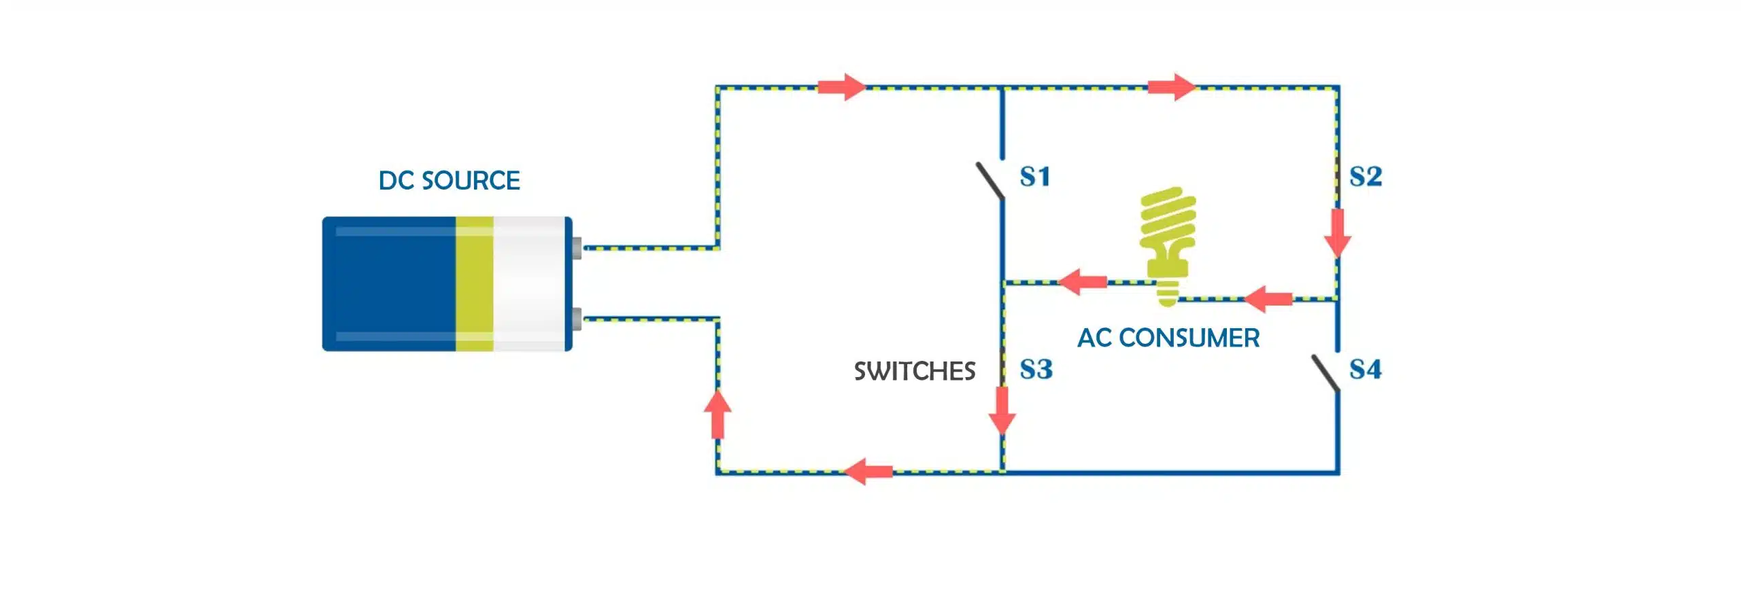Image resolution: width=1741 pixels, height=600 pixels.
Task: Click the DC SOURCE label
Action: tap(449, 181)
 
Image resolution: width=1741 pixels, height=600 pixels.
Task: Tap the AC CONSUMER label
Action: tap(1168, 338)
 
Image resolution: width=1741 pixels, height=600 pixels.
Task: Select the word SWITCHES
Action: tap(915, 371)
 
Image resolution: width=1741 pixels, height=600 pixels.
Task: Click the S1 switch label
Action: tap(1035, 177)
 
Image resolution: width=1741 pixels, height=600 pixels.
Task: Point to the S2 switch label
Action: tap(1366, 177)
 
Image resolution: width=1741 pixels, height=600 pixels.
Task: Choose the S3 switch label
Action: tap(1036, 370)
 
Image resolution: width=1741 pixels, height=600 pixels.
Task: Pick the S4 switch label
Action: tap(1366, 370)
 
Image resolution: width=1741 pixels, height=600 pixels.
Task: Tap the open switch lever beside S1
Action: tap(990, 181)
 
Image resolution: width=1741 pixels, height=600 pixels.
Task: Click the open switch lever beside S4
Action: tap(1325, 374)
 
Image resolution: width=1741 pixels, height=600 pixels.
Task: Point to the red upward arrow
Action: tap(717, 414)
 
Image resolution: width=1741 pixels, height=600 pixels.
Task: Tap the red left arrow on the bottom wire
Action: tap(868, 472)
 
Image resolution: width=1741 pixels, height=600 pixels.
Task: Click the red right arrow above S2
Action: tap(1172, 87)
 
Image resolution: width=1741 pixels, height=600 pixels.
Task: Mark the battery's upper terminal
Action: tap(577, 248)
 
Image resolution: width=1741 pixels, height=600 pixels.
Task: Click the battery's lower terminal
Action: tap(577, 319)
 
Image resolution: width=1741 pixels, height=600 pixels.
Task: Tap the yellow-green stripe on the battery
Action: tap(474, 284)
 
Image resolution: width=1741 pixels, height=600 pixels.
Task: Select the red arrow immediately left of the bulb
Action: tap(1083, 281)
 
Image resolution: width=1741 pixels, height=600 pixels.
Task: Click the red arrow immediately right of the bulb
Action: tap(1268, 299)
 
